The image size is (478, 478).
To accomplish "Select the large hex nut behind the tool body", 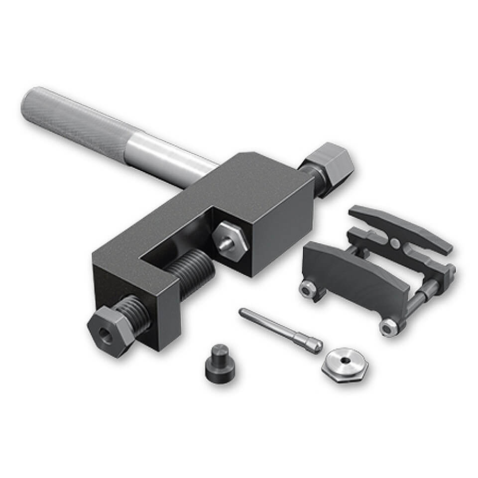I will point(329,164).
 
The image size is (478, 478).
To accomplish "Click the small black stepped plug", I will point(219,361).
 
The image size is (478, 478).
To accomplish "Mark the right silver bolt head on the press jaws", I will point(388,327).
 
